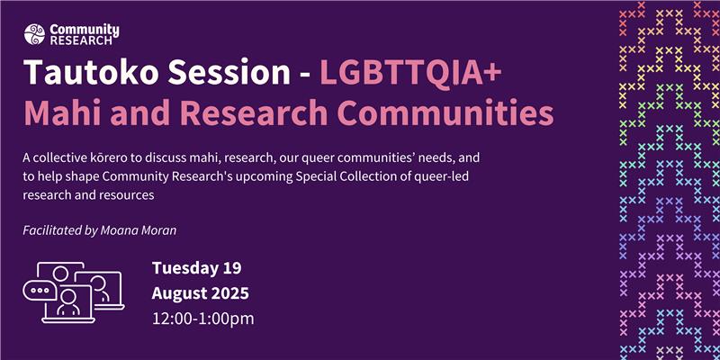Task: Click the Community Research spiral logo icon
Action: (x=34, y=34)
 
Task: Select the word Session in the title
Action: (x=229, y=72)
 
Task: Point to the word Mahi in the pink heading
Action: (x=62, y=113)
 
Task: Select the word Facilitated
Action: (x=49, y=230)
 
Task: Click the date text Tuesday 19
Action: (x=196, y=268)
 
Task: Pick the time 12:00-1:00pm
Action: (x=203, y=319)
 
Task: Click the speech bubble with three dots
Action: (x=40, y=290)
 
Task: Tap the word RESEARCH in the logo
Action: (x=81, y=40)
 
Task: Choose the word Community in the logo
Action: (x=85, y=31)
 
